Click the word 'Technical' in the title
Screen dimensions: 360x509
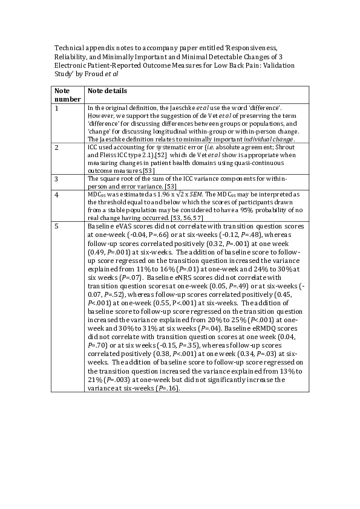coord(68,47)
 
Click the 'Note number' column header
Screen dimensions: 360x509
coord(67,95)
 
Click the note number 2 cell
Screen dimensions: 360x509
coord(57,147)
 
